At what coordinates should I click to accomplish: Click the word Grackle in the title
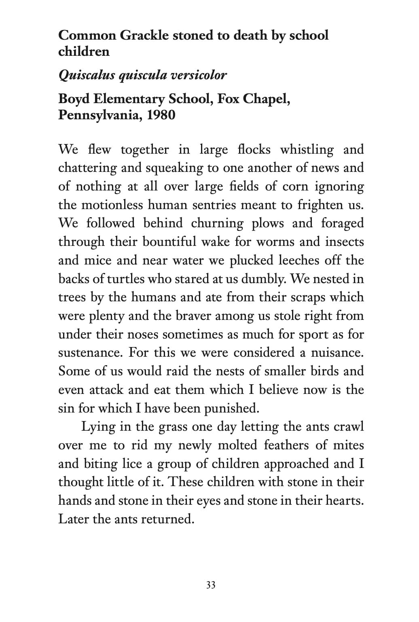(x=144, y=36)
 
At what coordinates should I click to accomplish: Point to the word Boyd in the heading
(x=73, y=99)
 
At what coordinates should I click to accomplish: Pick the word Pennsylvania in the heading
(x=99, y=115)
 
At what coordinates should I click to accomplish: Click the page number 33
(x=211, y=585)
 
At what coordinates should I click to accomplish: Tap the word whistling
(x=307, y=150)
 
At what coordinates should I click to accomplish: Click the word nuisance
(x=337, y=353)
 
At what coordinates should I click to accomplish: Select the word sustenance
(x=90, y=353)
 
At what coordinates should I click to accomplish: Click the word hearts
(x=345, y=501)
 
